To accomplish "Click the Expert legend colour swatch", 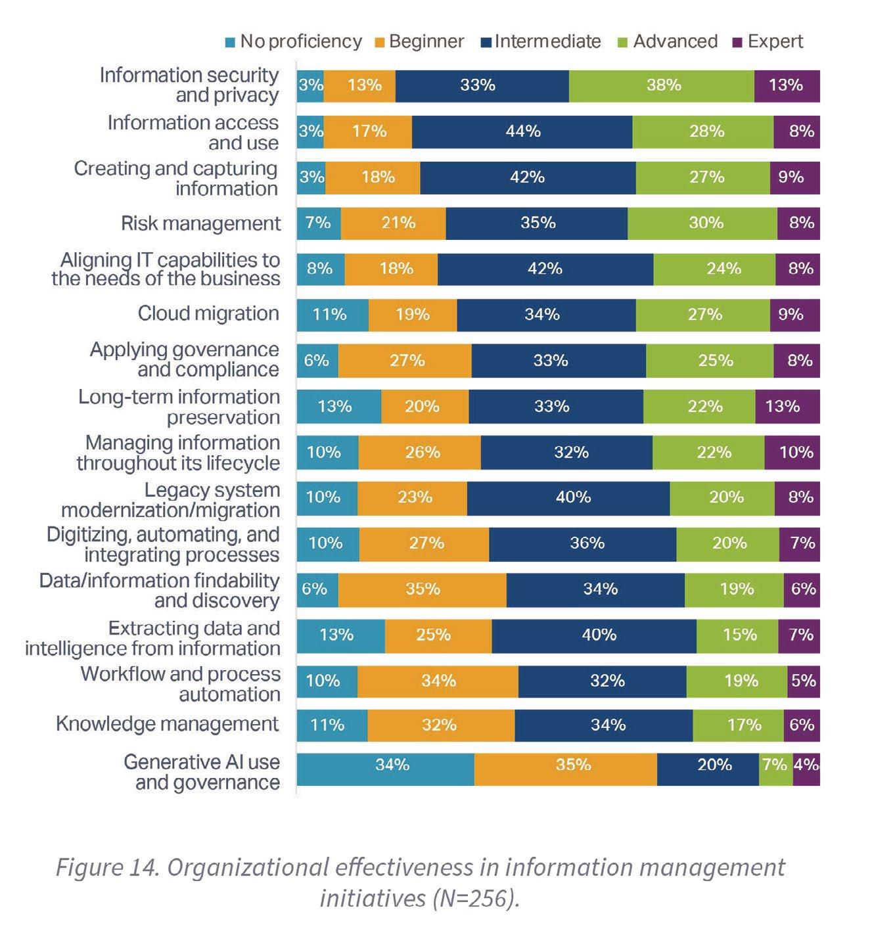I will (737, 42).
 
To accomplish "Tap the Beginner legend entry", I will (426, 41).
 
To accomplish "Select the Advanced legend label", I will (675, 41).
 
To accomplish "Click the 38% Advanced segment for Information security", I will (662, 85).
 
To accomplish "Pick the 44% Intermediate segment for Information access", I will (522, 131).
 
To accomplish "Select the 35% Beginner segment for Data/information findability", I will (423, 589).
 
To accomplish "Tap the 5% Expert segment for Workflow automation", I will (804, 681).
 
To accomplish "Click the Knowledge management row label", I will (168, 724).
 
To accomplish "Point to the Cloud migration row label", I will (208, 313).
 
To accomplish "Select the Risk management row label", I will (200, 223).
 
